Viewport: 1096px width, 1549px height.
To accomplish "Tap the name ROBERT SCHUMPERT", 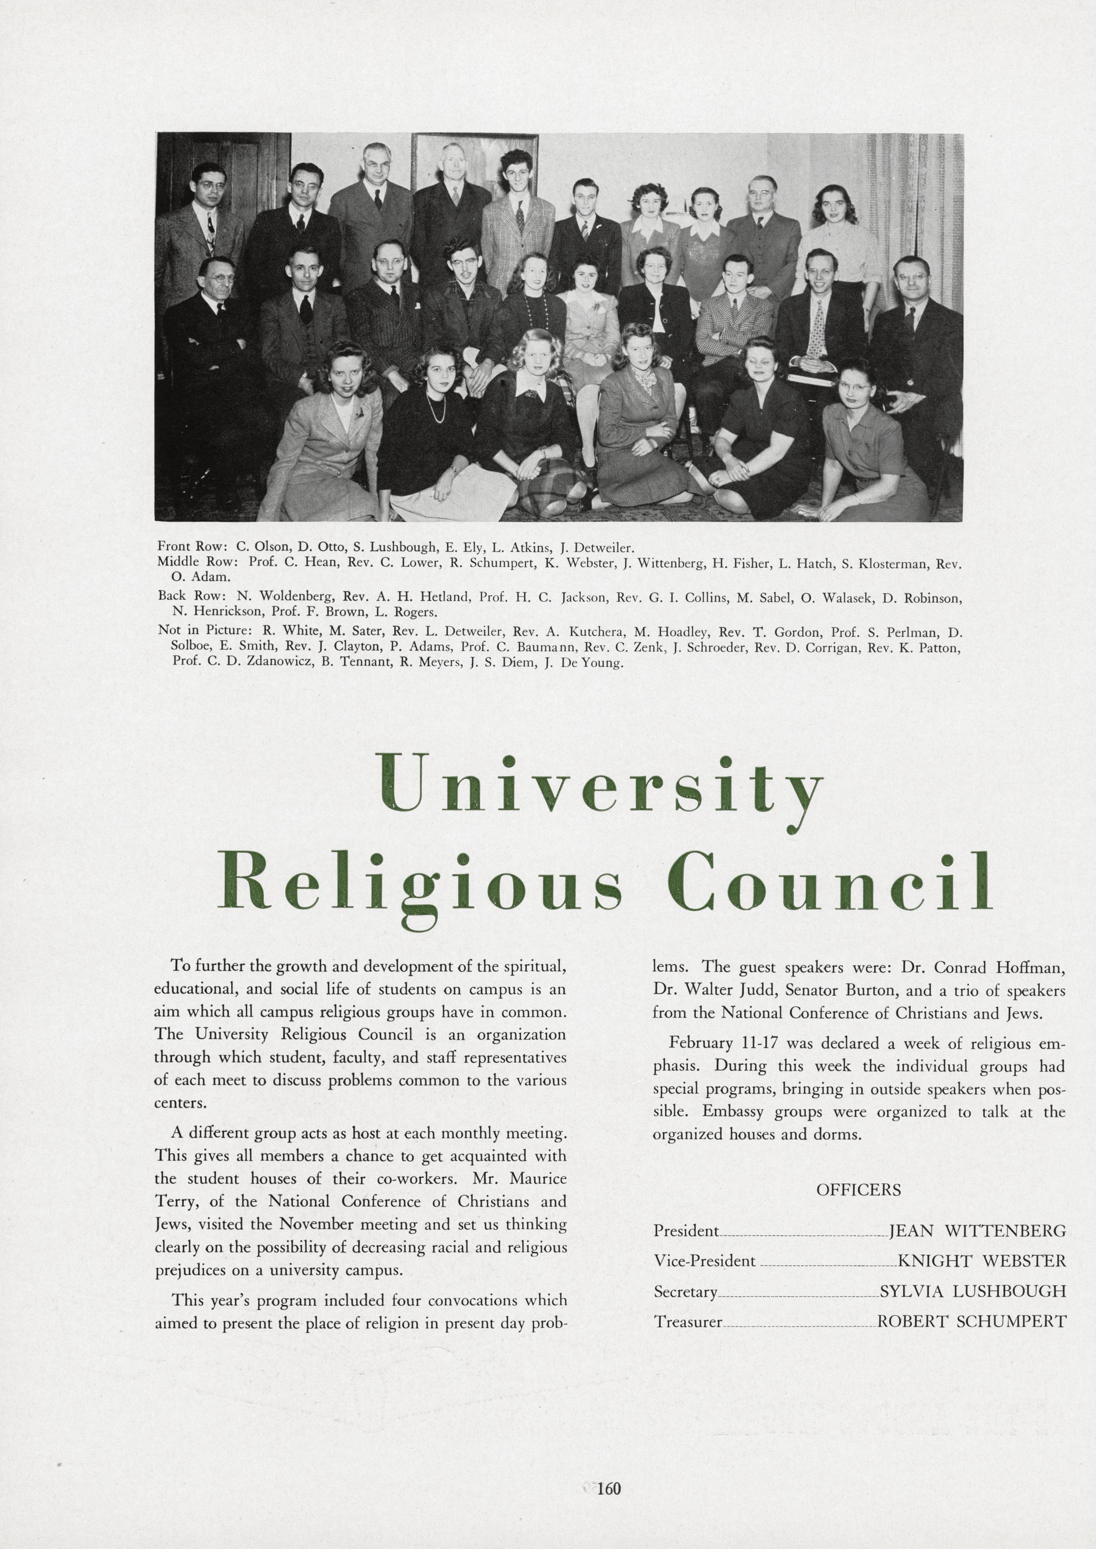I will pyautogui.click(x=971, y=1321).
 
